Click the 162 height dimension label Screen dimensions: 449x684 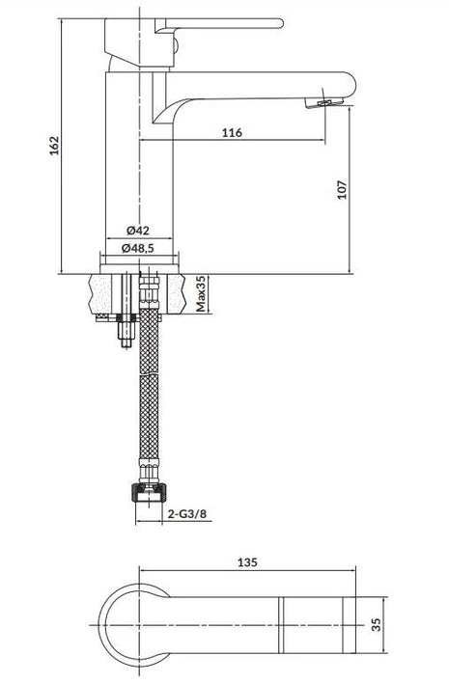[x=54, y=146]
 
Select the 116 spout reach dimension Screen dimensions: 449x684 [x=232, y=132]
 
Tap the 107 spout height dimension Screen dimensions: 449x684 [x=343, y=189]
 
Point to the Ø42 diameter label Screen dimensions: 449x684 [x=138, y=231]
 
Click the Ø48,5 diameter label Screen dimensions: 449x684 [x=138, y=248]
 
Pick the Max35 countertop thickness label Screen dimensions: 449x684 [x=201, y=293]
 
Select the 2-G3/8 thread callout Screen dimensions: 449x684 [x=187, y=514]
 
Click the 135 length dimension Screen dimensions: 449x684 [x=247, y=562]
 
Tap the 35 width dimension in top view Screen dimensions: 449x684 [x=376, y=624]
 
